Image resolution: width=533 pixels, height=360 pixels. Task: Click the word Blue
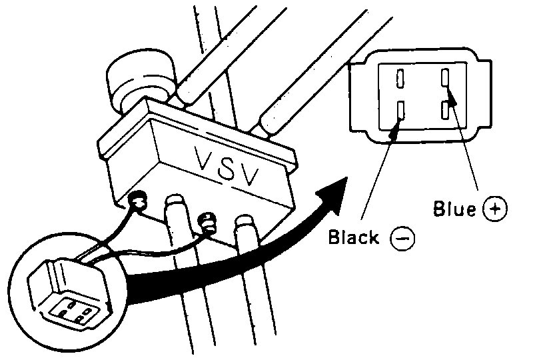coord(454,209)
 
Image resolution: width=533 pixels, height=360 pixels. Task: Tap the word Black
coord(354,237)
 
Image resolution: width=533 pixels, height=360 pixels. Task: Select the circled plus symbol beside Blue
coord(494,209)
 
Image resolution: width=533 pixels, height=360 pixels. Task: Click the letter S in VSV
coord(227,167)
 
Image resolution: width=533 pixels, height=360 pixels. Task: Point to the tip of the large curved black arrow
coord(348,179)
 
